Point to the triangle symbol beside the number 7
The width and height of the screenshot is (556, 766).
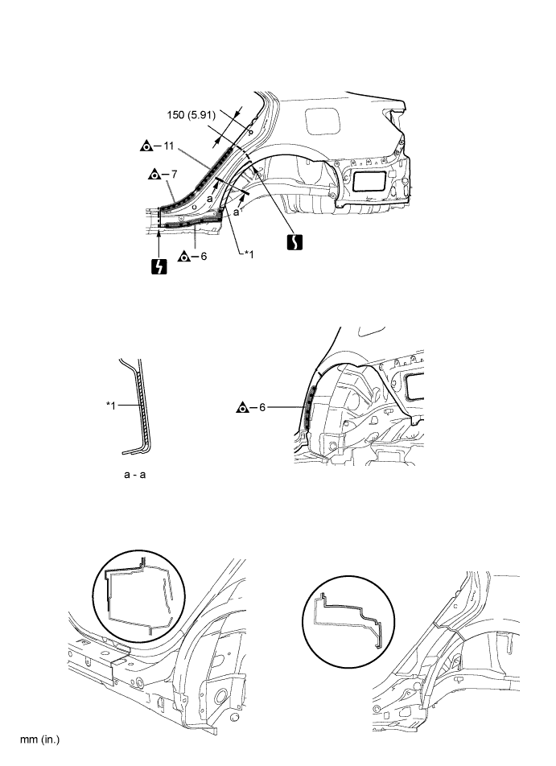(154, 174)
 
